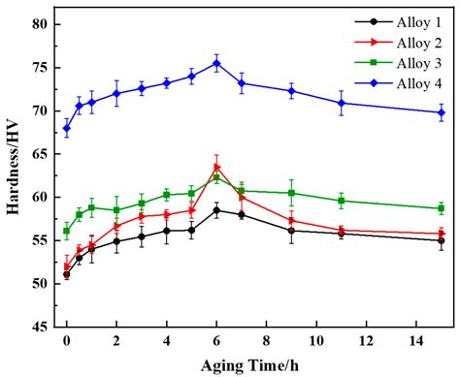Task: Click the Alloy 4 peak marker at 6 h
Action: (x=216, y=63)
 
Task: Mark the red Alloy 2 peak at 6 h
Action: (x=216, y=166)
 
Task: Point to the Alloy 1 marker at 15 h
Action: (x=441, y=240)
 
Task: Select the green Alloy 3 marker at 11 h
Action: (x=341, y=201)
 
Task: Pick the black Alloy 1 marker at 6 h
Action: (x=216, y=210)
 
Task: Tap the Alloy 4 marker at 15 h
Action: (x=441, y=112)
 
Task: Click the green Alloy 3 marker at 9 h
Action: (x=291, y=193)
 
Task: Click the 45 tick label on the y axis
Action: (x=39, y=328)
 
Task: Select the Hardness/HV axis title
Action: (x=14, y=174)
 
